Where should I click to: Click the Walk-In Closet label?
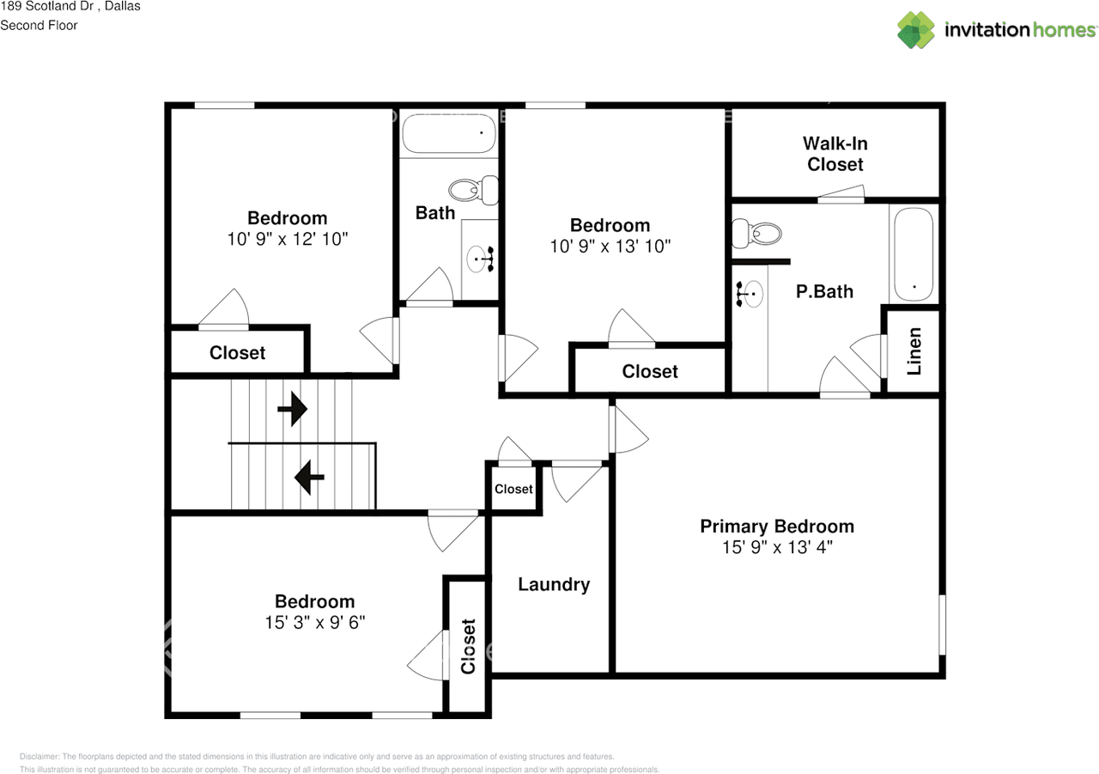point(835,154)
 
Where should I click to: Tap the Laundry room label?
point(554,584)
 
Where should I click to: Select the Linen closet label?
point(914,351)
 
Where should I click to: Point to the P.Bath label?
point(824,291)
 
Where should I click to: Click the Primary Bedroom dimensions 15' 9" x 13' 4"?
point(777,547)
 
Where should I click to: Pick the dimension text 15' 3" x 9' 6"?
point(315,622)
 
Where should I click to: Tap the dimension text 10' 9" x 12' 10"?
point(287,239)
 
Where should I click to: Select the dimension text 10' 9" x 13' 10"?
point(610,246)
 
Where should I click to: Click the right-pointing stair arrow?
point(293,409)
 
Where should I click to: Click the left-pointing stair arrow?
point(309,477)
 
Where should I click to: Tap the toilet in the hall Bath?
point(473,190)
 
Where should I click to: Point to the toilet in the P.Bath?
point(756,234)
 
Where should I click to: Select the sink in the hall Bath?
point(480,259)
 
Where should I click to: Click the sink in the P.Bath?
point(750,294)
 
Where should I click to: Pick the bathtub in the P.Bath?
point(914,254)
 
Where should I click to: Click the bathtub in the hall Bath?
point(449,133)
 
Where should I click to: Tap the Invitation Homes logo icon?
point(916,30)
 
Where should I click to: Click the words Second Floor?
point(39,26)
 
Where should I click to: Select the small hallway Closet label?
point(513,489)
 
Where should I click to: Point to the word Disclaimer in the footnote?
point(39,756)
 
